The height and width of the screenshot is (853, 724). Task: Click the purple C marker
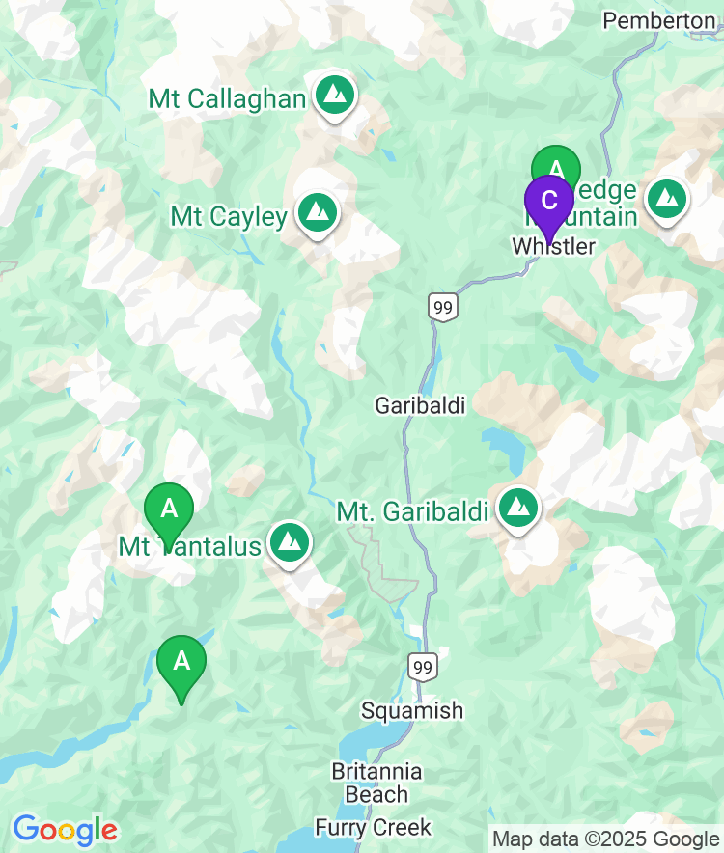[x=548, y=201]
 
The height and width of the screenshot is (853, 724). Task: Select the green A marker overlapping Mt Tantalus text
[x=169, y=508]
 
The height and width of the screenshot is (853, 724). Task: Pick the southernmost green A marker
[x=181, y=662]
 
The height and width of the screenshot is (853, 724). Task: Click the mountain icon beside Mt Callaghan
[x=334, y=95]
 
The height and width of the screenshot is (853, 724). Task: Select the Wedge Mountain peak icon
[x=666, y=199]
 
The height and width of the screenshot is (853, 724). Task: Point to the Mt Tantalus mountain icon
[x=289, y=542]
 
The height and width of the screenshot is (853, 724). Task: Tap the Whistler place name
[x=553, y=247]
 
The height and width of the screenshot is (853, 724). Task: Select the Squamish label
[x=412, y=711]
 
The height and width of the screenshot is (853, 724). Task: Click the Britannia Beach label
[x=376, y=783]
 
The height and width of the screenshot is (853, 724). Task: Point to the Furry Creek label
[x=373, y=827]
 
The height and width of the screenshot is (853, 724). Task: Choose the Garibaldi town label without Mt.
[x=420, y=406]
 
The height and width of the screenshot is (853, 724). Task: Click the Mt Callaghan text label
[x=227, y=98]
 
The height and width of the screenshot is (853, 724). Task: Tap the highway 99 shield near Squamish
[x=422, y=666]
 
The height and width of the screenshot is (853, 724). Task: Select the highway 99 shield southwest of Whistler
[x=443, y=308]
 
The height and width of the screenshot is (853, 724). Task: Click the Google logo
[x=65, y=830]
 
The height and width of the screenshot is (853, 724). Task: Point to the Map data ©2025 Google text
[x=605, y=839]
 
